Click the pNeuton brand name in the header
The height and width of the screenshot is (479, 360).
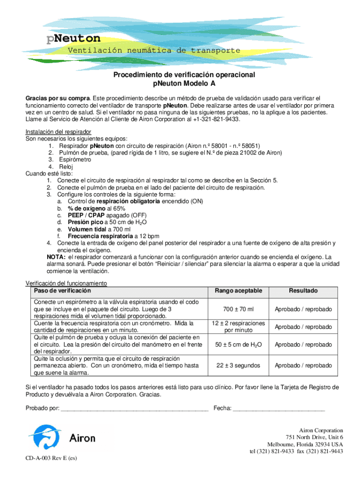[73, 38]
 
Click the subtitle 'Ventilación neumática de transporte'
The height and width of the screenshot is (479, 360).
[154, 51]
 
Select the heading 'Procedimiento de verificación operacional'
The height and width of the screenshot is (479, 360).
[184, 75]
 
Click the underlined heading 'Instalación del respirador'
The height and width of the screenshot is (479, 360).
[58, 132]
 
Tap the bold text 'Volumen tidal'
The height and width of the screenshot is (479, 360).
[88, 230]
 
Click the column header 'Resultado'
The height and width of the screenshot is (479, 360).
[303, 291]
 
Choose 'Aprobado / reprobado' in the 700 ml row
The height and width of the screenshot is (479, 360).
[303, 309]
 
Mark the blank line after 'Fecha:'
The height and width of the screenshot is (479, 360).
[279, 409]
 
